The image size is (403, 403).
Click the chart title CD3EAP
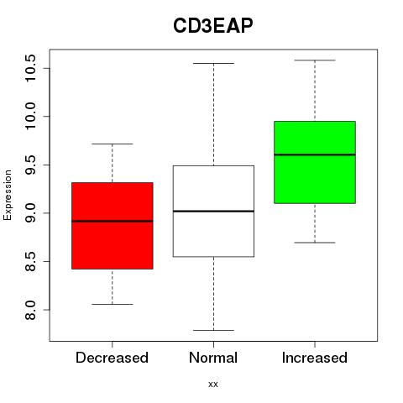click(213, 26)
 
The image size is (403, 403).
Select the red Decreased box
click(113, 226)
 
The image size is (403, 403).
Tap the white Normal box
click(213, 211)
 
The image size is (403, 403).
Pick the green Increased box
click(315, 162)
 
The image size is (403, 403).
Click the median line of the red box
click(113, 221)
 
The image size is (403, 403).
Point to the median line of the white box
click(213, 211)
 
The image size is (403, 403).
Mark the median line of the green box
click(315, 154)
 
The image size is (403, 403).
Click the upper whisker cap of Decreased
click(113, 144)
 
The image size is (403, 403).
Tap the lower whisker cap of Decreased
click(113, 304)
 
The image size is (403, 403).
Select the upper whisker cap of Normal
click(213, 63)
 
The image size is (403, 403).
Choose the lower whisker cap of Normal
click(213, 330)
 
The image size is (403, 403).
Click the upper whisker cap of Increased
click(315, 60)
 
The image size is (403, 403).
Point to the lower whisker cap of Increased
click(315, 243)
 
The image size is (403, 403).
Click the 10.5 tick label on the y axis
click(30, 68)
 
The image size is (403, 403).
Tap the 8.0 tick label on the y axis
click(30, 310)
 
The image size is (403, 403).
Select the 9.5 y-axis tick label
click(30, 165)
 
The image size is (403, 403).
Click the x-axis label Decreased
click(112, 358)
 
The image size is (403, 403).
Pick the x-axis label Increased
click(315, 358)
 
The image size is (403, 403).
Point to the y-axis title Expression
click(8, 195)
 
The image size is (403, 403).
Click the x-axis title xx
click(213, 385)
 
